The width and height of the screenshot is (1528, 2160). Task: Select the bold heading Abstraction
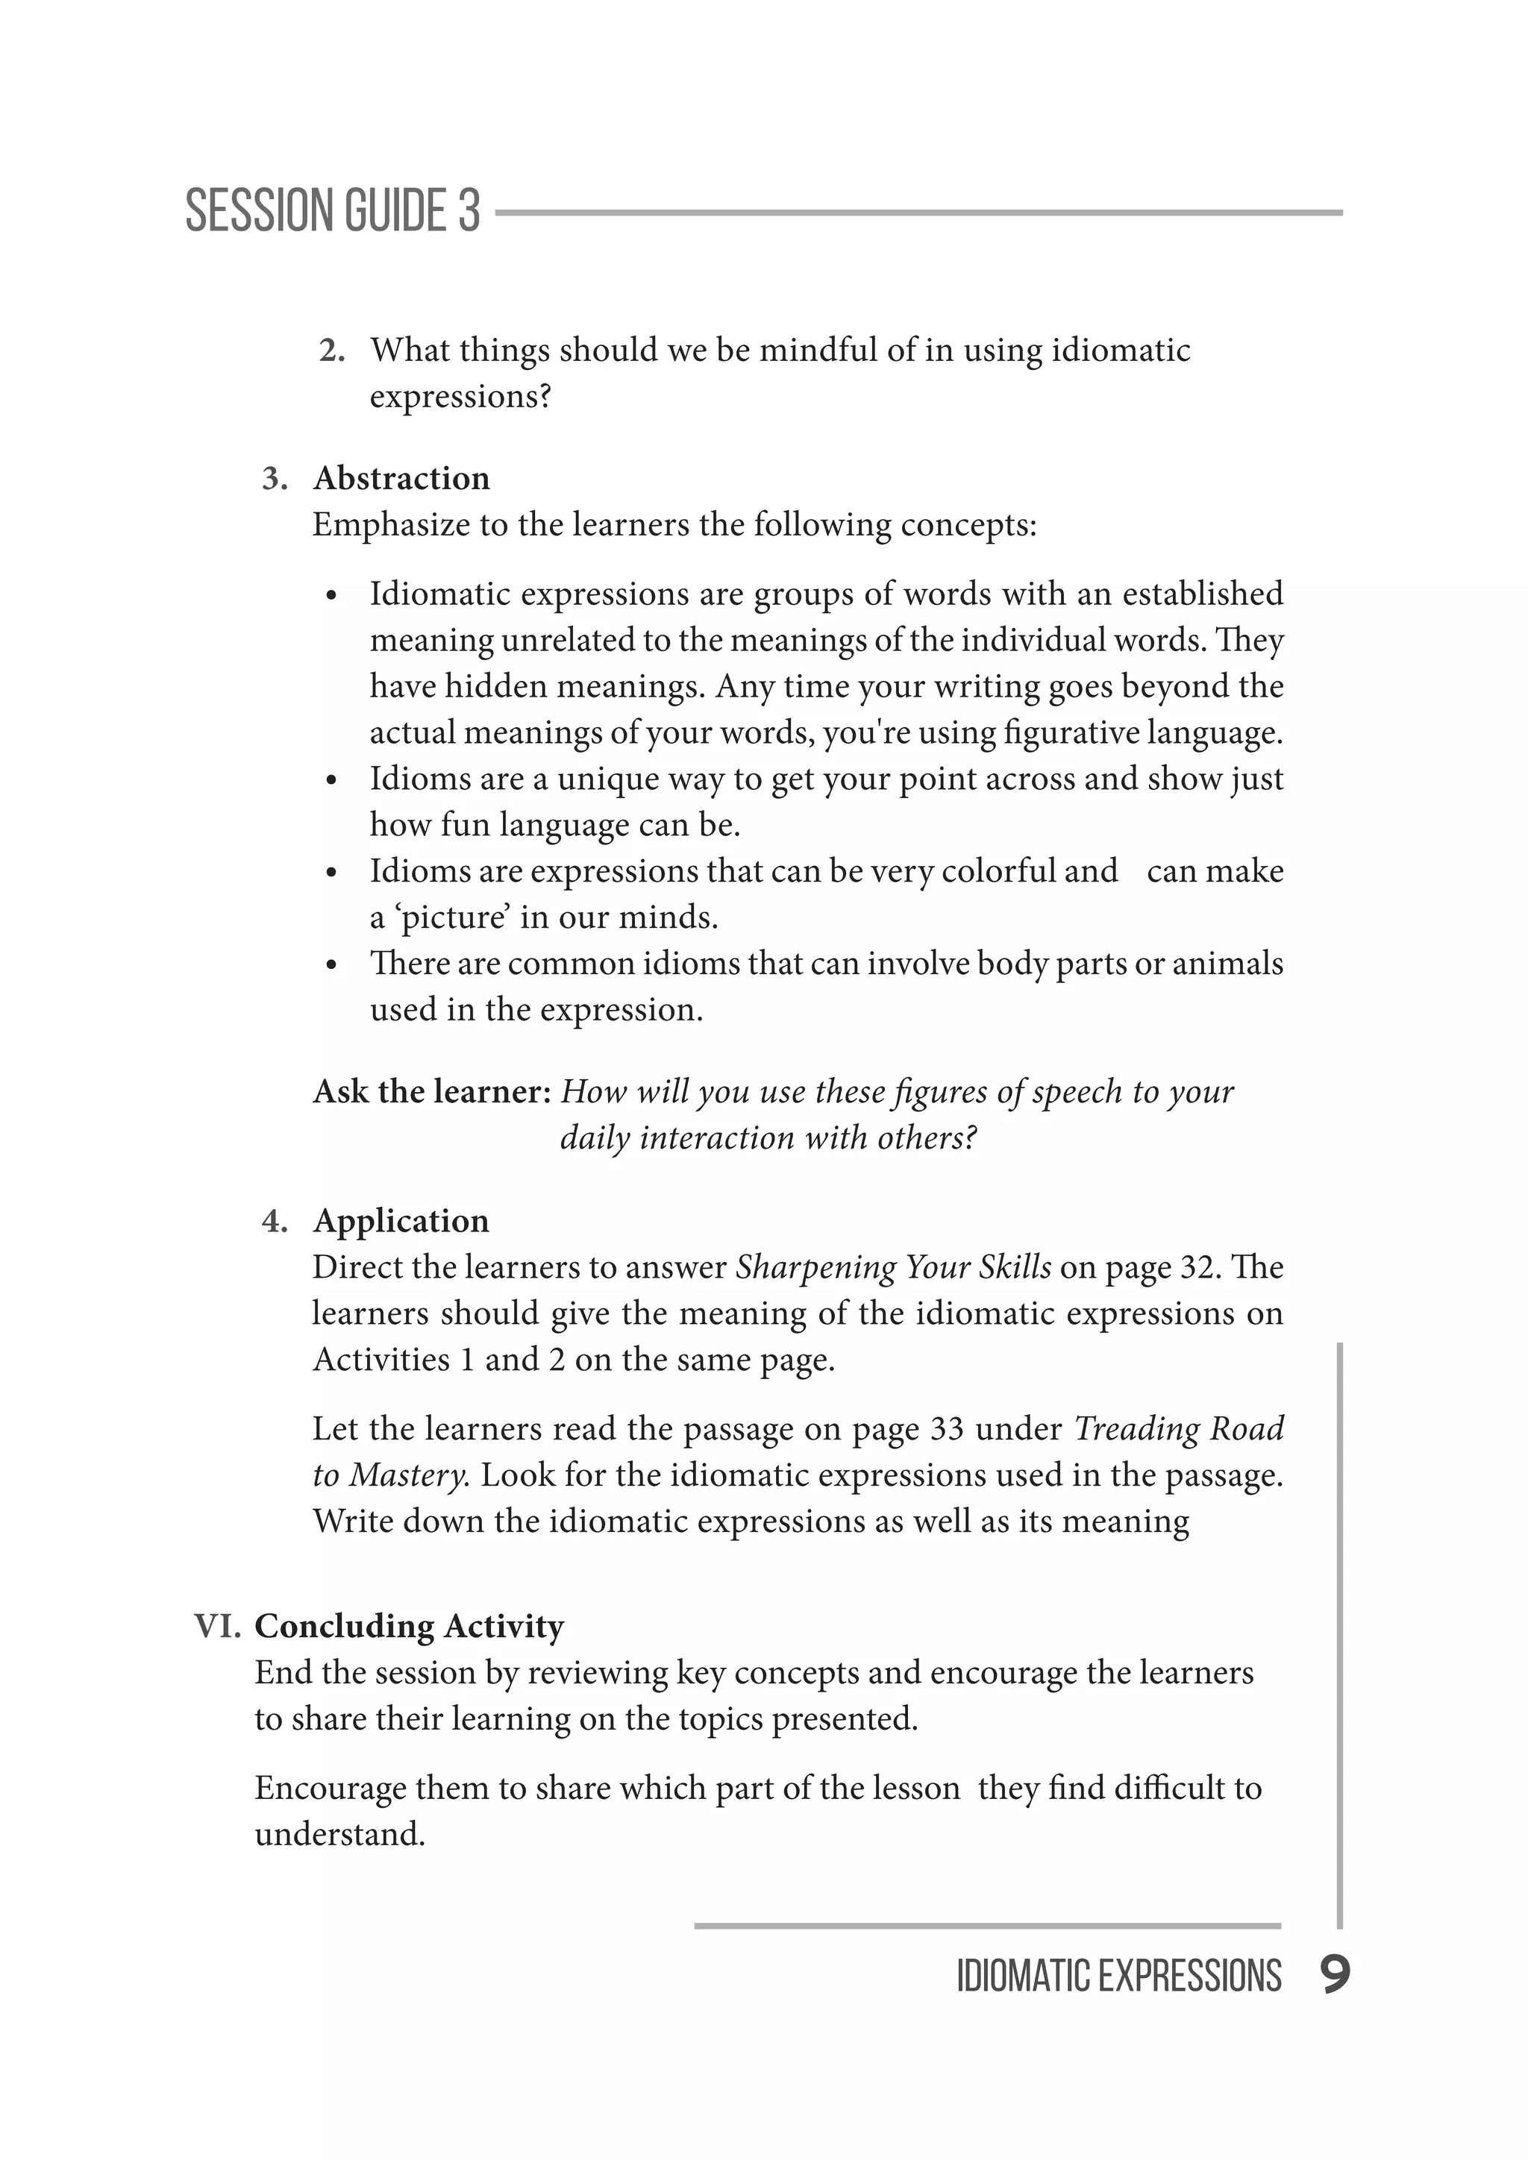[401, 478]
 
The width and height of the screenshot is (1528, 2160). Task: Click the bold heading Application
[401, 1220]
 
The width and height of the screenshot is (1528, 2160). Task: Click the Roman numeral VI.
[217, 1627]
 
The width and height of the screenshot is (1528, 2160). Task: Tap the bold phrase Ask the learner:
[431, 1091]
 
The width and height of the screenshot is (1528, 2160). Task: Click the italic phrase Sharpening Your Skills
[893, 1267]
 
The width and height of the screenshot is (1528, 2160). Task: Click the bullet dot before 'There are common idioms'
[331, 966]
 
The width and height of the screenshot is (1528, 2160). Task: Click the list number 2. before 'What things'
[331, 351]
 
